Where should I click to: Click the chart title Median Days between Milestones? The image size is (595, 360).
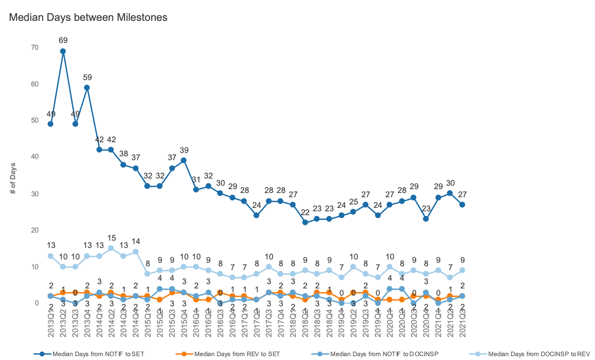pos(88,17)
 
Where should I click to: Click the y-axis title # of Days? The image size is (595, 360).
pos(13,178)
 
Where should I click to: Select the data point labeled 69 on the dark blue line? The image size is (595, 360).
pos(63,51)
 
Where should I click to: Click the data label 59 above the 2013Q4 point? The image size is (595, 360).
pos(87,78)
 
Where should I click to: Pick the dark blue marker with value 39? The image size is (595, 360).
pos(184,161)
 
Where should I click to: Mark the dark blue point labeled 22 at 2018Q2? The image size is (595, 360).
pos(305,222)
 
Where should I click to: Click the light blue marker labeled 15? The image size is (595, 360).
pos(111,248)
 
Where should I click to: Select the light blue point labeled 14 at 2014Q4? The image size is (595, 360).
pos(135,252)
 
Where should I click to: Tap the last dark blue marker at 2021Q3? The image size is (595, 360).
pos(462,204)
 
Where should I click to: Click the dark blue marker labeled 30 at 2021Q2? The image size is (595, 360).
pos(450,193)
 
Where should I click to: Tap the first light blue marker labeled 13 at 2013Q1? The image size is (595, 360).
pos(51,256)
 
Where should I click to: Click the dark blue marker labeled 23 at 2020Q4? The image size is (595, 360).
pos(426,219)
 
